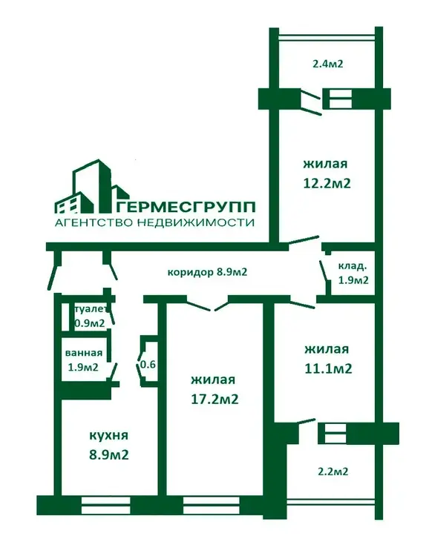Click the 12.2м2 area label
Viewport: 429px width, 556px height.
tap(327, 183)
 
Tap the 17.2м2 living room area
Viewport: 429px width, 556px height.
tap(214, 400)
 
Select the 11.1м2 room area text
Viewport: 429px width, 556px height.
tap(328, 368)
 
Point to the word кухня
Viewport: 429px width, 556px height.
tap(108, 435)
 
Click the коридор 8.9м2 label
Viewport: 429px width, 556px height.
tap(207, 272)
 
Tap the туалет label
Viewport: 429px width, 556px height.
tap(91, 309)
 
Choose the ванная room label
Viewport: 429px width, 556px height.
tap(84, 353)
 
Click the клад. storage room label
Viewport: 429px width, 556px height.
tap(353, 265)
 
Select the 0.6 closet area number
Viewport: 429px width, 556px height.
tap(148, 364)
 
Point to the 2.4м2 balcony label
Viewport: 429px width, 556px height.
tap(328, 64)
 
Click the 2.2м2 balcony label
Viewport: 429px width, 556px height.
tap(333, 471)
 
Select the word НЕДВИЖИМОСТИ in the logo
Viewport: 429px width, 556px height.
tap(196, 223)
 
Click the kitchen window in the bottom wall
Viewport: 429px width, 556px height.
tap(106, 506)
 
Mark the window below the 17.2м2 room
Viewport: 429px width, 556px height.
tap(212, 506)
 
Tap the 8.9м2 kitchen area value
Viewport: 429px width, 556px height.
tap(108, 454)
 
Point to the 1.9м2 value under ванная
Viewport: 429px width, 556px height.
tap(83, 367)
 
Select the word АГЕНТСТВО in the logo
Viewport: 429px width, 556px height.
tap(93, 223)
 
